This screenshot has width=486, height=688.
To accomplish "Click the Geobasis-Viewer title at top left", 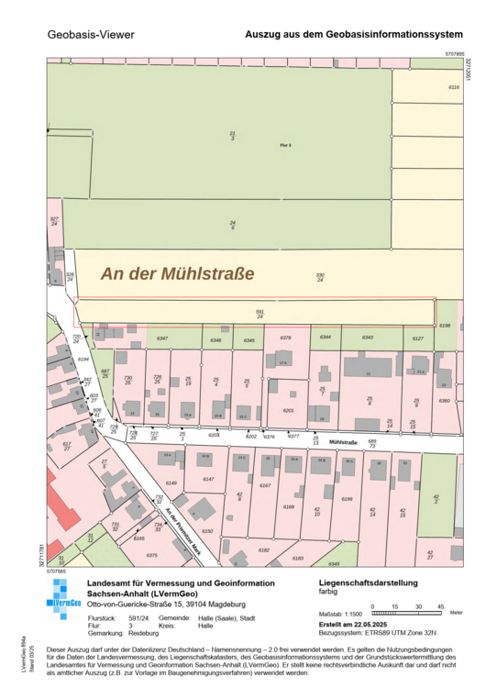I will point(90,35).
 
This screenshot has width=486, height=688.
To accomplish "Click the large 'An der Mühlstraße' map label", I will point(177,273).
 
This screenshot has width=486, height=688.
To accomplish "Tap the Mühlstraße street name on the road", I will point(342,441).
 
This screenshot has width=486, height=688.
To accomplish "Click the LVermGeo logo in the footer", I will point(63,602).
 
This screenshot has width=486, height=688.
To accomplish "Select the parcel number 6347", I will point(162,338).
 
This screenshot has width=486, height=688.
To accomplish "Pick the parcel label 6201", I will point(288,410).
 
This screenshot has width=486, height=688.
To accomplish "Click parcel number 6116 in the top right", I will point(452,86).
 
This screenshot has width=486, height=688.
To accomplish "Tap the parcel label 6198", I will point(446,326).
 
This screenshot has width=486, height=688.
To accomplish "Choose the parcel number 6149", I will point(171,483).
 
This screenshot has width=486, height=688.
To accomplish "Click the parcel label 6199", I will point(347,498).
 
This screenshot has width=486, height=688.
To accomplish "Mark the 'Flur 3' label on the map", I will point(285,146).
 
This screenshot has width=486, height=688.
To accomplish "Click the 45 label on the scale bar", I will point(440,606).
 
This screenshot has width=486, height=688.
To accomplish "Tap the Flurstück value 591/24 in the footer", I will point(137,618).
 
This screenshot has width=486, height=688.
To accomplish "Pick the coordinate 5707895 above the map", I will point(455,54).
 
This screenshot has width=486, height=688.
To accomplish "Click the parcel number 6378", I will point(285,338).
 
